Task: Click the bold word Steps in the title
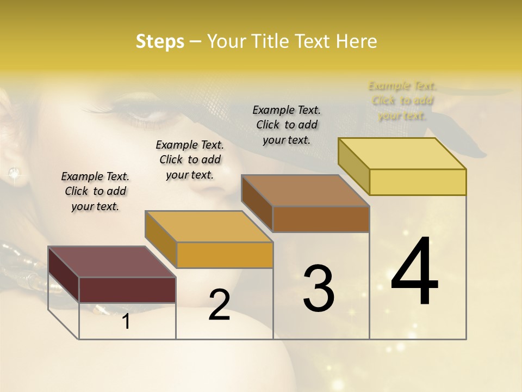(160, 41)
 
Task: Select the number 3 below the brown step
(319, 289)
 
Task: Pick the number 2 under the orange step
(219, 305)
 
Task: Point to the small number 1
(126, 322)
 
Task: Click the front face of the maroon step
(127, 290)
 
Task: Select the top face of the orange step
(209, 226)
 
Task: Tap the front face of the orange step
(225, 255)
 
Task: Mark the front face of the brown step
(321, 219)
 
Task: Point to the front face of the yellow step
(418, 182)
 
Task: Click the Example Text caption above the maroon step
(95, 191)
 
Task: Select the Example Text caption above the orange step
(190, 160)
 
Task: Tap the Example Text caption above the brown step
(287, 125)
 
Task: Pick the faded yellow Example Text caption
(402, 100)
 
